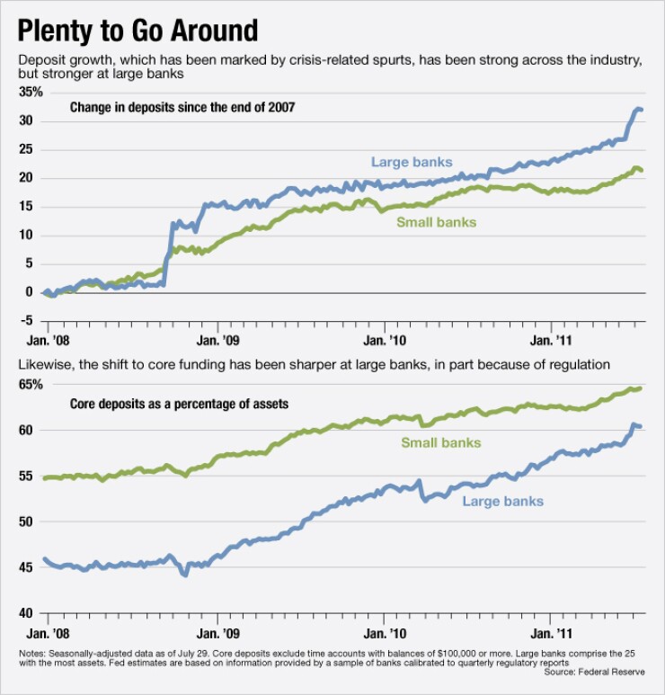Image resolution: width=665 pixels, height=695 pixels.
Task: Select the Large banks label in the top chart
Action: click(x=412, y=162)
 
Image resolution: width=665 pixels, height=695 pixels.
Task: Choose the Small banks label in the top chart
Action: click(x=436, y=222)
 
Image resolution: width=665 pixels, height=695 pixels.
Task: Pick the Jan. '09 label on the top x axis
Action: click(x=219, y=342)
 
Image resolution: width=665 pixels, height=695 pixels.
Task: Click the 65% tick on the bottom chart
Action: click(x=31, y=385)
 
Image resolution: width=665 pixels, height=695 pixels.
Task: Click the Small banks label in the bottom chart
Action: click(x=440, y=442)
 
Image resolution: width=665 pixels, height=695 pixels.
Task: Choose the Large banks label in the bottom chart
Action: click(x=502, y=501)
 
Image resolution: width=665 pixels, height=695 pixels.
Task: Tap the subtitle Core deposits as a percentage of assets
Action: click(x=179, y=404)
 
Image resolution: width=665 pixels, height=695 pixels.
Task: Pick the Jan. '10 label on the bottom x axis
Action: click(x=385, y=633)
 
